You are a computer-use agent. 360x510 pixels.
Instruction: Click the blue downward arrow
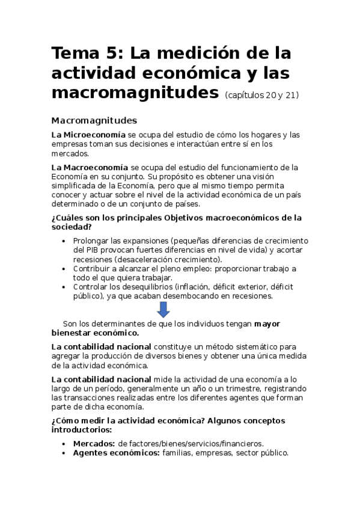pyautogui.click(x=163, y=310)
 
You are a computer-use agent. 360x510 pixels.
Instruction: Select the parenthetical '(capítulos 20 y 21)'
pyautogui.click(x=262, y=95)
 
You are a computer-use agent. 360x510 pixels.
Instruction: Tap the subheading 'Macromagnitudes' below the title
pyautogui.click(x=94, y=120)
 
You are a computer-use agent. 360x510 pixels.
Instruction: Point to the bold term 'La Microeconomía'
pyautogui.click(x=88, y=134)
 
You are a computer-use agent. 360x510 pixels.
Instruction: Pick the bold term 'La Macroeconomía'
pyautogui.click(x=90, y=167)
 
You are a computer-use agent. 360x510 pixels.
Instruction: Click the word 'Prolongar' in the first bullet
pyautogui.click(x=91, y=240)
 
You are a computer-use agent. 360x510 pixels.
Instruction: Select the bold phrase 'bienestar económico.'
pyautogui.click(x=96, y=333)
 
